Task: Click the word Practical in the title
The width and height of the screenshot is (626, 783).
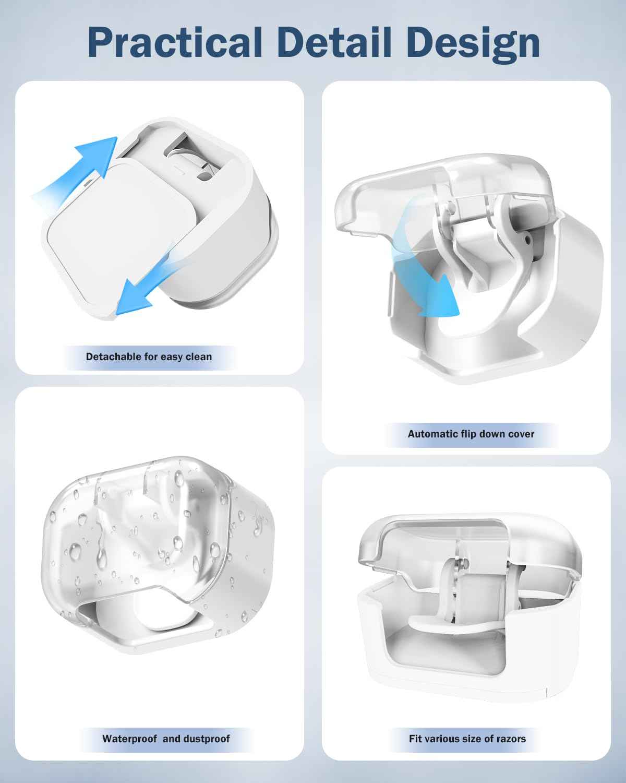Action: (x=175, y=42)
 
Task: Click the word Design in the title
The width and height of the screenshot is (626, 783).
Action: (x=473, y=45)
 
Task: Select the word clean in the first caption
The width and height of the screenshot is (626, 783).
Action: (x=199, y=357)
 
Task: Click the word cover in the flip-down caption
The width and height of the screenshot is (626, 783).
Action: (x=521, y=434)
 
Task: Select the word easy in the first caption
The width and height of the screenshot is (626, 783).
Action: (x=171, y=358)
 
